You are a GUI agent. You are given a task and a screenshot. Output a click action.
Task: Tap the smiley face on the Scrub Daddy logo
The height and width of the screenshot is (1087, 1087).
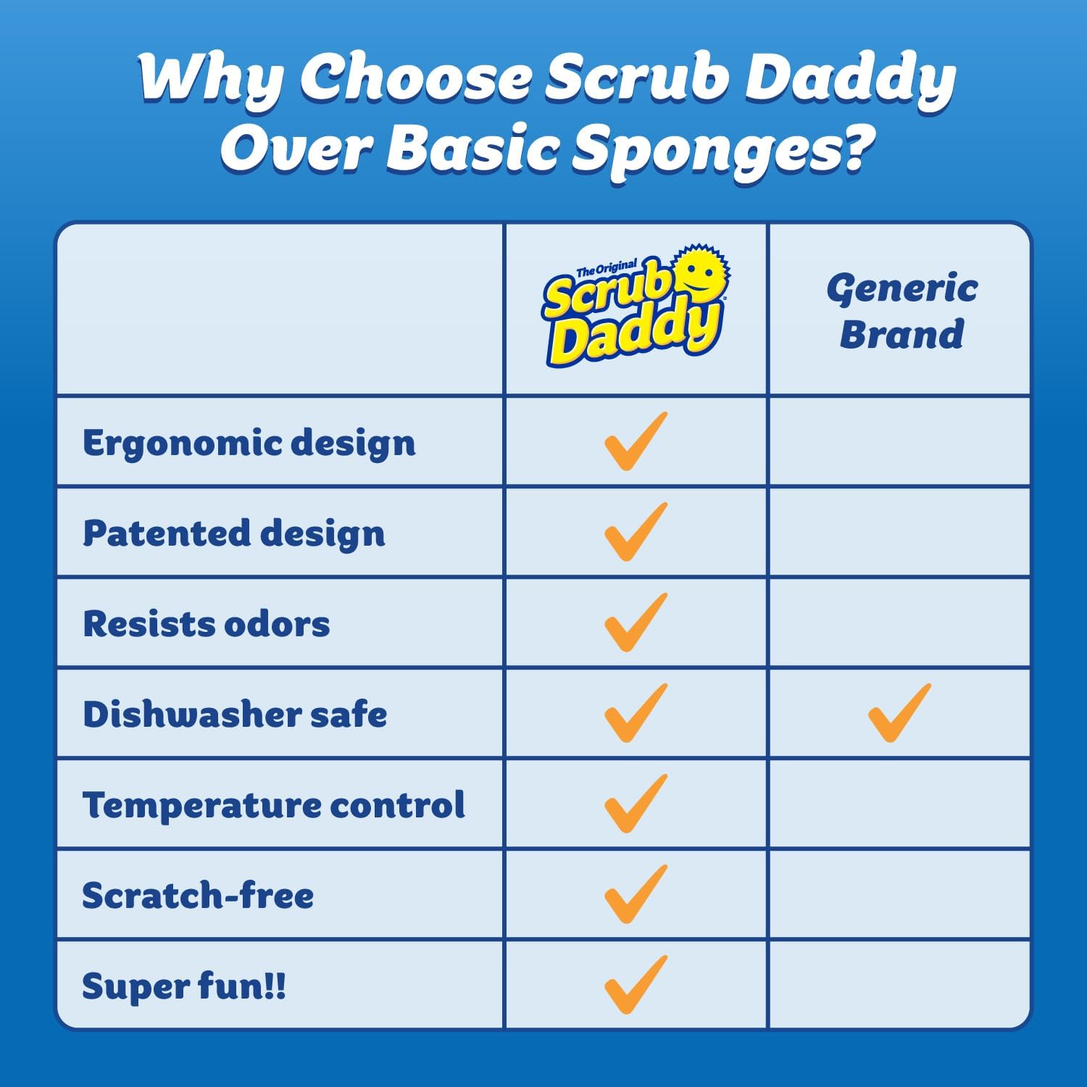(x=699, y=274)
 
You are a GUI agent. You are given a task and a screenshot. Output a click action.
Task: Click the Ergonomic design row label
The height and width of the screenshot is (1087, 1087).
(x=249, y=443)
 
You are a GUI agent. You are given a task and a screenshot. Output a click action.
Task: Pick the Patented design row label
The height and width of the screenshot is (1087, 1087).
(x=233, y=533)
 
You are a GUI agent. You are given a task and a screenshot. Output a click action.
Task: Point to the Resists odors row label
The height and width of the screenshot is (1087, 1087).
(x=207, y=624)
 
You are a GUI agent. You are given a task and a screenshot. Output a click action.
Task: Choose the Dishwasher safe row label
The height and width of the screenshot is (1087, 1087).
(x=235, y=715)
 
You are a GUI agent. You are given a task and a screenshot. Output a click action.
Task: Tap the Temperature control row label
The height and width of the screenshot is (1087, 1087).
(x=273, y=805)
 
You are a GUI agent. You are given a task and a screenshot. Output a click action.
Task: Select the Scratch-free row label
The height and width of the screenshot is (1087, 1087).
(x=198, y=896)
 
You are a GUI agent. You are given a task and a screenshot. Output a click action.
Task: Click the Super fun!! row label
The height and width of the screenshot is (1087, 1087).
(x=184, y=986)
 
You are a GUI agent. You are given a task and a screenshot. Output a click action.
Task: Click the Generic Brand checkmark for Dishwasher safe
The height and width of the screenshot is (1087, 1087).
(x=899, y=713)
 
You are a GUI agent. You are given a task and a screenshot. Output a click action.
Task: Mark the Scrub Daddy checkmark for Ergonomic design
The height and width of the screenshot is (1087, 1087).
(x=635, y=441)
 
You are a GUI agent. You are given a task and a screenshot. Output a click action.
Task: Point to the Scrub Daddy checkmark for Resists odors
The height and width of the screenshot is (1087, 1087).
(x=635, y=622)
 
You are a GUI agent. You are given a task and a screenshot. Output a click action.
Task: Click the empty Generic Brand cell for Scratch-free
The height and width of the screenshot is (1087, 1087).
(x=899, y=895)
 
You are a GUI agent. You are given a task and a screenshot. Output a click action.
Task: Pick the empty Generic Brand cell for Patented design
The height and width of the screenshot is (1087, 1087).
(x=899, y=533)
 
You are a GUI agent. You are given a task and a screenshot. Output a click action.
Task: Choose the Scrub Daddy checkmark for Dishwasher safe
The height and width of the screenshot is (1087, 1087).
(x=635, y=713)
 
